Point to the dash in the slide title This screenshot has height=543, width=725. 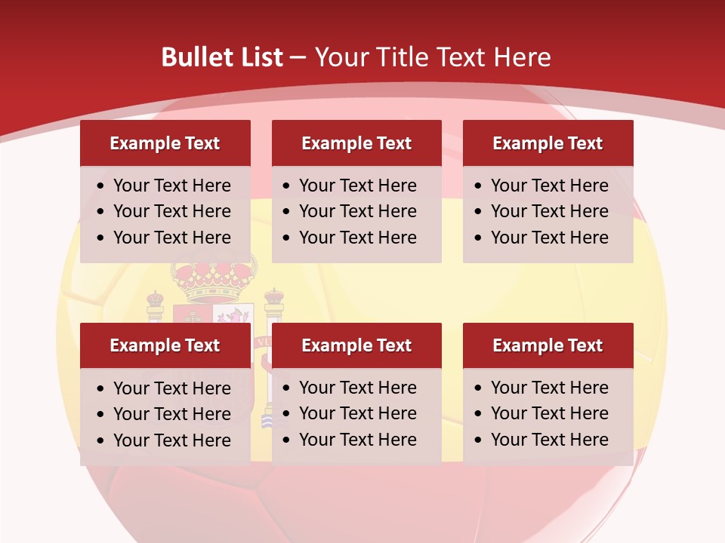(x=298, y=58)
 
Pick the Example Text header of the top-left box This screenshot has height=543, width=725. (x=165, y=143)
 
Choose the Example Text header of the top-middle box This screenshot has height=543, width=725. (x=356, y=143)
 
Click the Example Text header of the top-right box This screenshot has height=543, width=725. (x=548, y=143)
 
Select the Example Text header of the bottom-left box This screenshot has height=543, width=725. (x=165, y=345)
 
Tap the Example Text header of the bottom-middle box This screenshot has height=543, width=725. (x=356, y=345)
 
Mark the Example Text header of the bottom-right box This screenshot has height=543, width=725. (x=548, y=345)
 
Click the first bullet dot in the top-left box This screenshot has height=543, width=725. (x=101, y=186)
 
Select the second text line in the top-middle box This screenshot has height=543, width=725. (x=357, y=211)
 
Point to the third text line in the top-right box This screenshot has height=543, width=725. (x=549, y=238)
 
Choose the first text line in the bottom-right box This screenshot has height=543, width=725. (x=549, y=388)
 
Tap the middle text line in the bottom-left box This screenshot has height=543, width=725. (x=171, y=414)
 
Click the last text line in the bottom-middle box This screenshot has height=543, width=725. (x=357, y=440)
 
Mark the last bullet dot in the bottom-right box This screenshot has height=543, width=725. (x=479, y=440)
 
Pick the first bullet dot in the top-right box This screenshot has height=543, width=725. (x=479, y=186)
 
